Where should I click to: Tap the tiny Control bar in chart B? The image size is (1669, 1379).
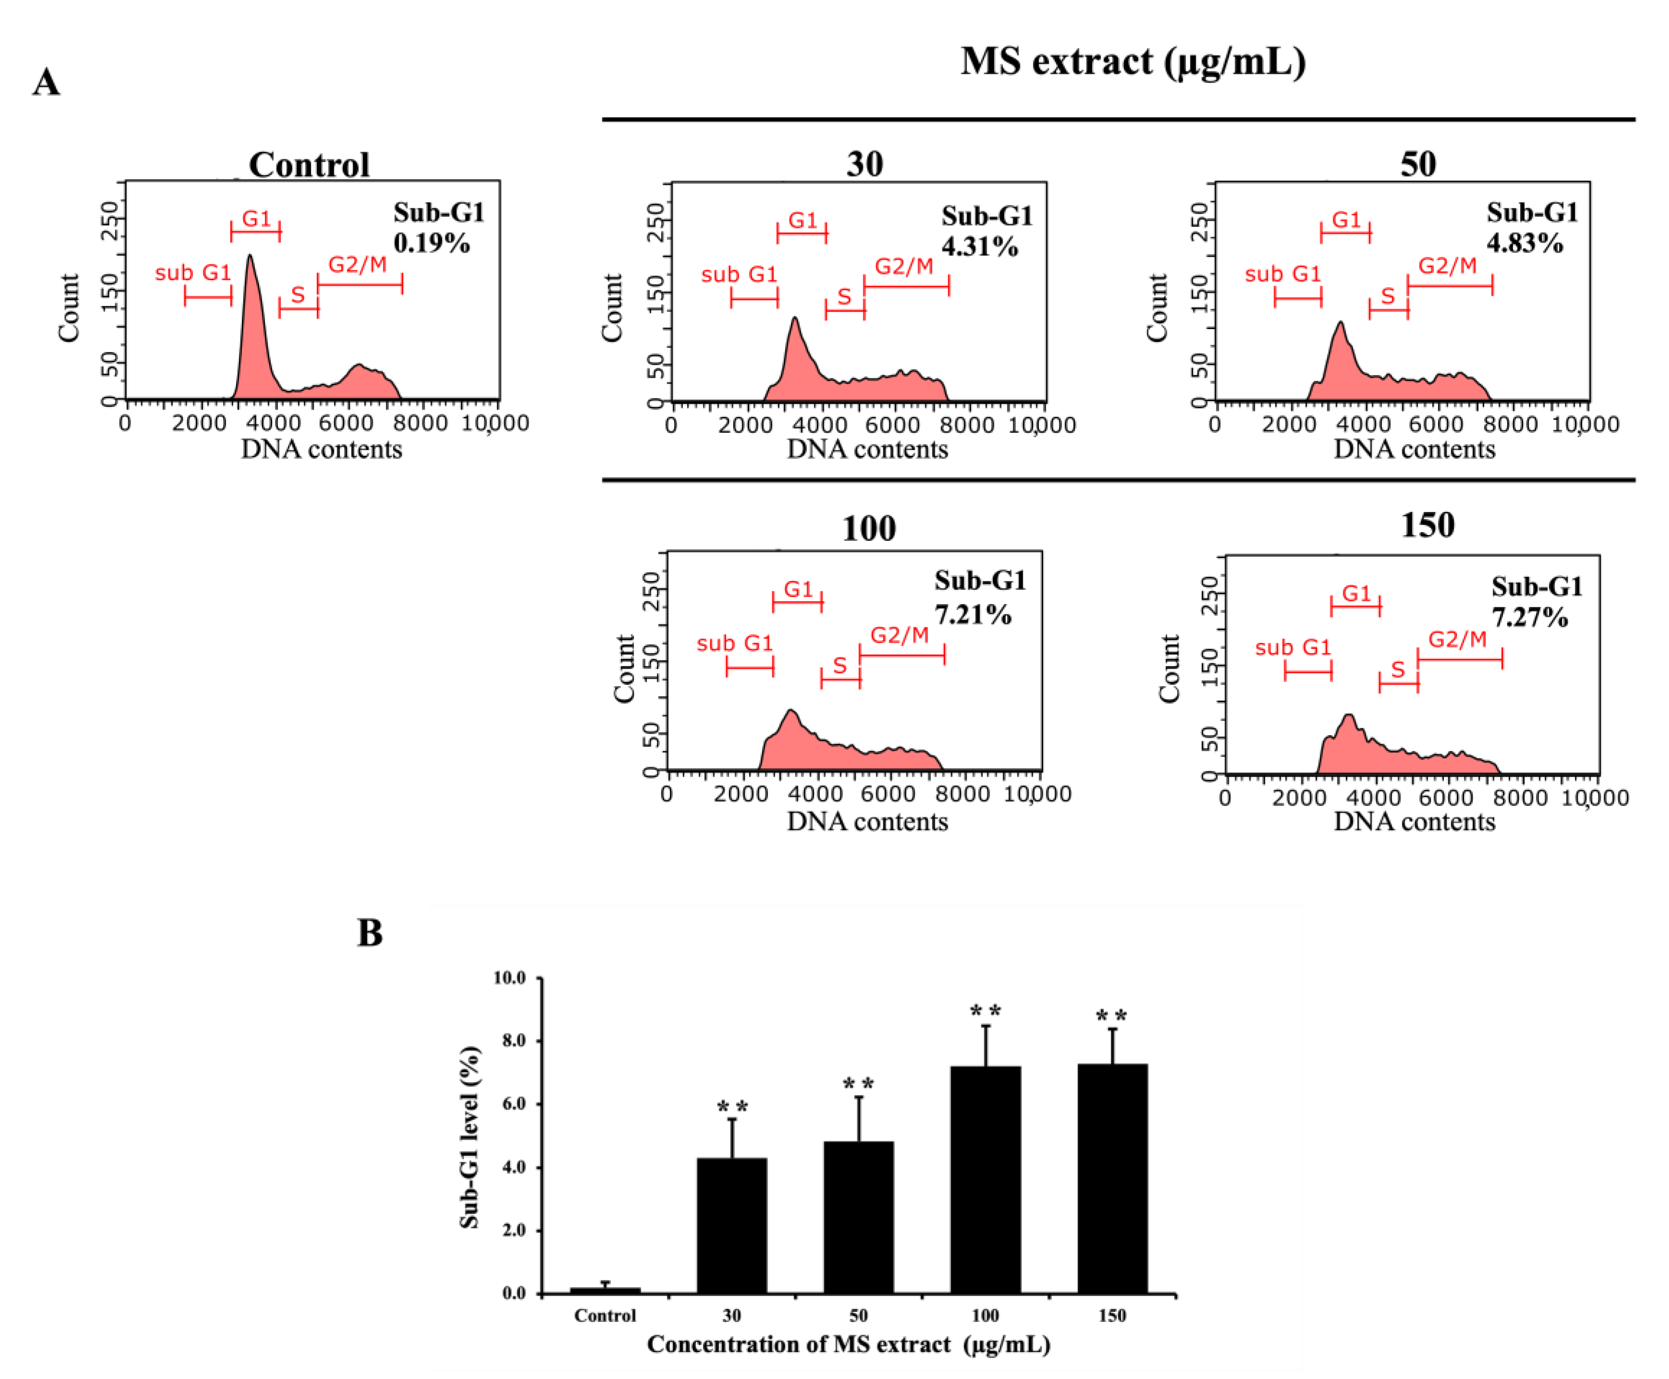coord(605,1290)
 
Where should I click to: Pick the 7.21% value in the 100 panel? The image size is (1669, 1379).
coord(972,614)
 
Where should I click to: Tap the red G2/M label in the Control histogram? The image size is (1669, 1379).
coord(358,264)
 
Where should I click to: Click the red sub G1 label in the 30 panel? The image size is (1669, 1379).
coord(739,275)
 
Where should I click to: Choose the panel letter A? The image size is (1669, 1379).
coord(46,82)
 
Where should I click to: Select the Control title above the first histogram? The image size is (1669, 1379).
coord(309,165)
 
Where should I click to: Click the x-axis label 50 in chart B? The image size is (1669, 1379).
coord(858,1316)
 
